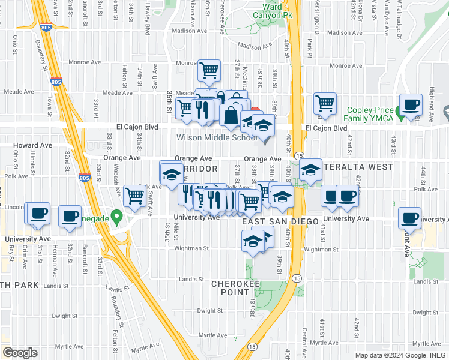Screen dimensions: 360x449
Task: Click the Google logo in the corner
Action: pyautogui.click(x=20, y=353)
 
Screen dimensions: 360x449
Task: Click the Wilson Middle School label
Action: pyautogui.click(x=217, y=138)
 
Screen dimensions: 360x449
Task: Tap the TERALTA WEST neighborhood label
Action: pyautogui.click(x=358, y=167)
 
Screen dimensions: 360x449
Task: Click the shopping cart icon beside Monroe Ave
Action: pyautogui.click(x=209, y=70)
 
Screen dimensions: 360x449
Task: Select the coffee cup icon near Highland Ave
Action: pyautogui.click(x=411, y=104)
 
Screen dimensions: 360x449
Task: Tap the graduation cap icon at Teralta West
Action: pyautogui.click(x=311, y=170)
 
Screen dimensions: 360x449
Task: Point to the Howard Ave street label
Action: pyautogui.click(x=33, y=146)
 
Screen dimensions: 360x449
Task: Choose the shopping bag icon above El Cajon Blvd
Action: pyautogui.click(x=231, y=114)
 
